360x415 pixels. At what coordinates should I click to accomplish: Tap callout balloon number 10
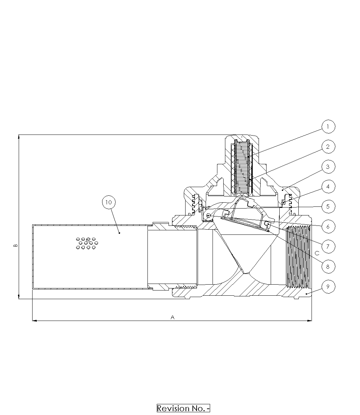click(x=109, y=202)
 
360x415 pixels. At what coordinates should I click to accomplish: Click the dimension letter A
click(x=172, y=317)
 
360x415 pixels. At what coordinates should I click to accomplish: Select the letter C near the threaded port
click(x=317, y=253)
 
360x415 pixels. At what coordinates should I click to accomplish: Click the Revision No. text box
click(x=183, y=408)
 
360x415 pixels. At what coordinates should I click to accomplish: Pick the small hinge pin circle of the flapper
click(x=208, y=216)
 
